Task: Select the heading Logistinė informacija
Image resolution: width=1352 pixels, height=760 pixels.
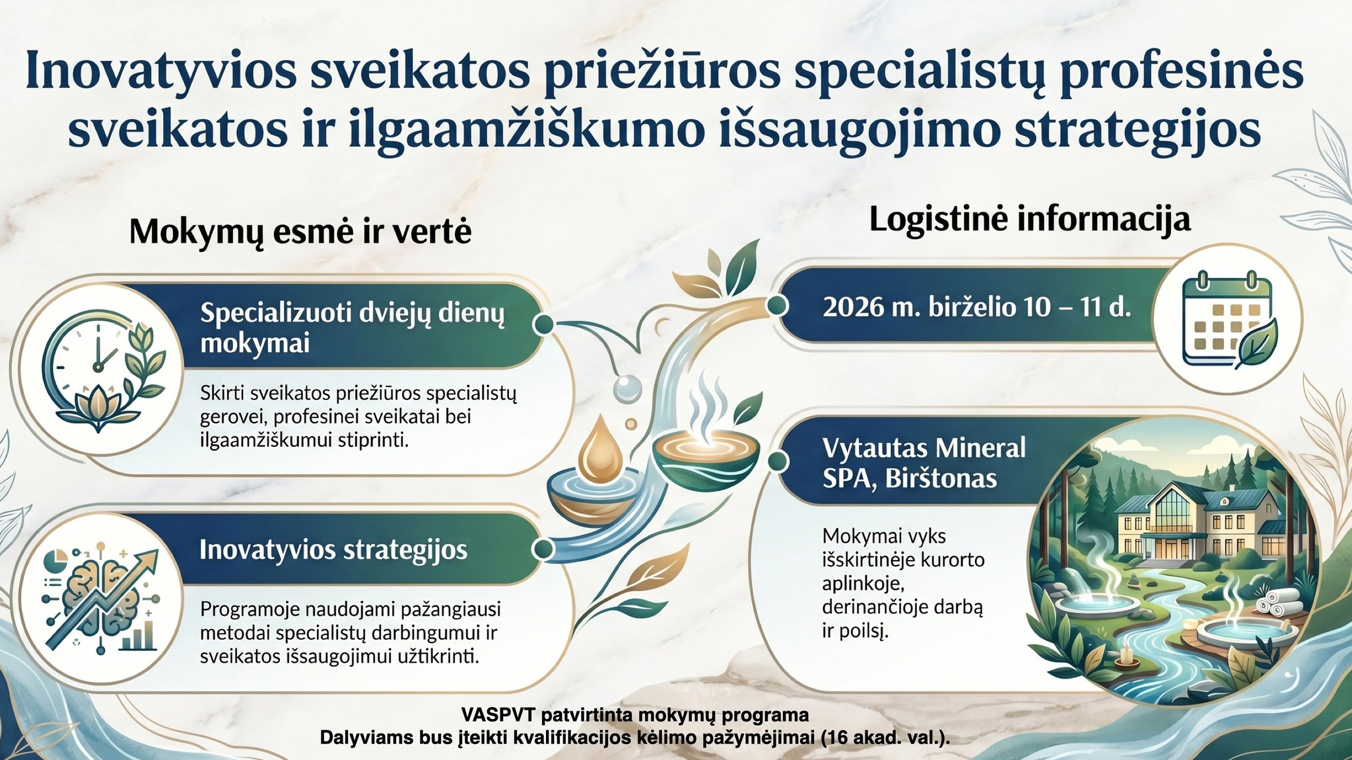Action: pyautogui.click(x=1029, y=220)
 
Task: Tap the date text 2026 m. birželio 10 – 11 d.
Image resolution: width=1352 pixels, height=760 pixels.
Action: pyautogui.click(x=976, y=308)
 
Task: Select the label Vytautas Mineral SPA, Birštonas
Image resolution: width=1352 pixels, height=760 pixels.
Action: pyautogui.click(x=924, y=463)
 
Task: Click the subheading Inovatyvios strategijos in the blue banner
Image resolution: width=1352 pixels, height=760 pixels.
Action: pyautogui.click(x=333, y=550)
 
